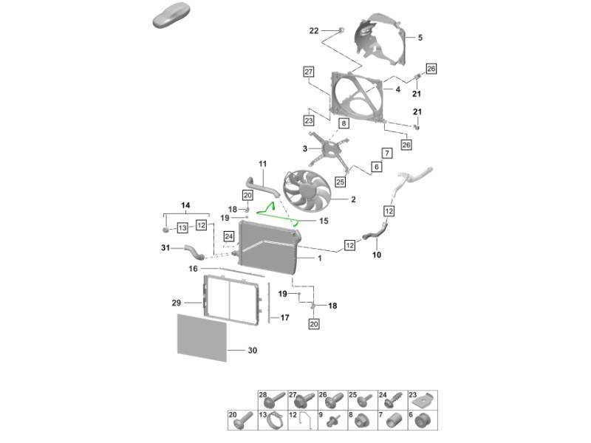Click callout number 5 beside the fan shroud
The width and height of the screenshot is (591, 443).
click(420, 38)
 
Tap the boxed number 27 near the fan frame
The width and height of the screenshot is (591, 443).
click(308, 72)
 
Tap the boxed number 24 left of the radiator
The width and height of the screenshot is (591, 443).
click(229, 236)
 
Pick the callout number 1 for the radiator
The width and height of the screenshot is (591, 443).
click(319, 258)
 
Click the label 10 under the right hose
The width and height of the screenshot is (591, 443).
click(376, 255)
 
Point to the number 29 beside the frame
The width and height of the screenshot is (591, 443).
click(176, 303)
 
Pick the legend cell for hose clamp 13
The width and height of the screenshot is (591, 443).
click(272, 422)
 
